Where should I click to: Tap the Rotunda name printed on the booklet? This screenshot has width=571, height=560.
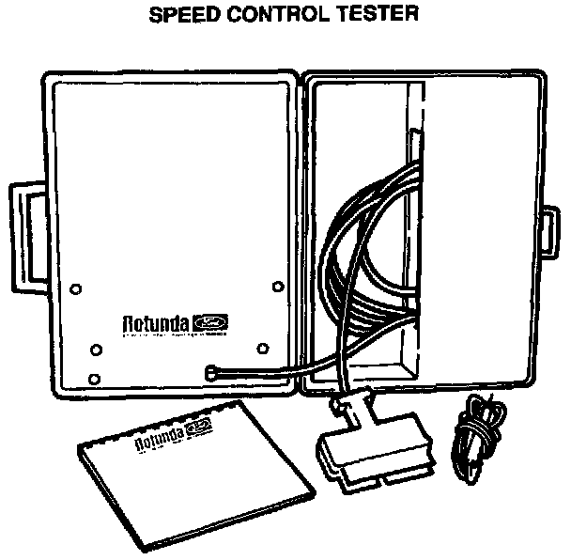(159, 439)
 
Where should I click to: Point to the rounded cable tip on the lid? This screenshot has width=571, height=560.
(212, 370)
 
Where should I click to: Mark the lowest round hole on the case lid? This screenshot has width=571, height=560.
(94, 380)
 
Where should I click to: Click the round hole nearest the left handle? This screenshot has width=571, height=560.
(77, 287)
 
